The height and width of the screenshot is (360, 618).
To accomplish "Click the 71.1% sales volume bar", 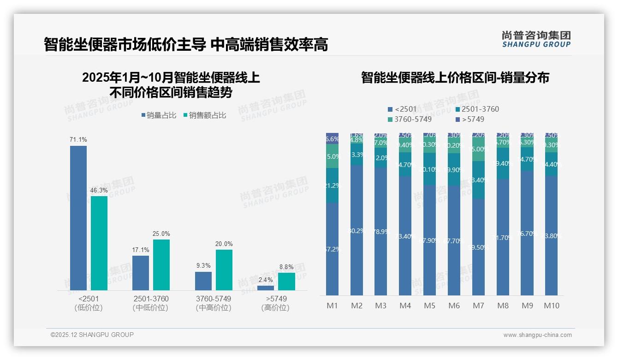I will click(78, 218).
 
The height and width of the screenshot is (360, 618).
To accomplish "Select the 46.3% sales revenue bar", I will click(99, 243).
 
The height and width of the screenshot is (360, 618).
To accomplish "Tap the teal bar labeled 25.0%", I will click(161, 264).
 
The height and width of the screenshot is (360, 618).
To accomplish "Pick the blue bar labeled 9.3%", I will click(203, 281).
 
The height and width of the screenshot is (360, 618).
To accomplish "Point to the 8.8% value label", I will click(286, 267).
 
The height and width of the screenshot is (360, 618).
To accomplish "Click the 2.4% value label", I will click(266, 280).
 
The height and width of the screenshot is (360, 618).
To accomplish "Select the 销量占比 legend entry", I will click(159, 115).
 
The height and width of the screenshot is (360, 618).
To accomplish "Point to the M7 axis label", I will click(478, 306).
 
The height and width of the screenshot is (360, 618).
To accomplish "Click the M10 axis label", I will click(552, 306).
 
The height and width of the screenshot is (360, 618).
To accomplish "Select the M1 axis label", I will click(333, 306).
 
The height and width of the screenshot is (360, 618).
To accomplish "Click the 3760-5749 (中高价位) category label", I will click(213, 303).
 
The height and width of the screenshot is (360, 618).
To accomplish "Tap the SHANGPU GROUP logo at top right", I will click(536, 39).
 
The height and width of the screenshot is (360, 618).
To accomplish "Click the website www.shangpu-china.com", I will click(537, 335).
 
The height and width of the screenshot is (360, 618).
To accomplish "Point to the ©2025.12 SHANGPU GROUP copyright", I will click(92, 335).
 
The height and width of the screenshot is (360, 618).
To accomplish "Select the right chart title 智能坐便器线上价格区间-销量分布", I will click(455, 78).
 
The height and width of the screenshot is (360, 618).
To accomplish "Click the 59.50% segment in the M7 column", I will click(478, 247).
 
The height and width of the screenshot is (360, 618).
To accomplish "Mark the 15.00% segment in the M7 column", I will click(478, 149).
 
